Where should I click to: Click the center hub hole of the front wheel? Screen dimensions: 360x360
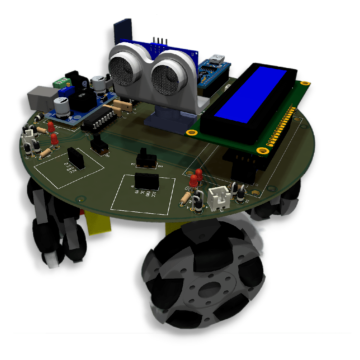click(x=209, y=289)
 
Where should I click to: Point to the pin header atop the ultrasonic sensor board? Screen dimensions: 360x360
click(x=160, y=40)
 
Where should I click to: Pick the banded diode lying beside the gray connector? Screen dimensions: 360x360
click(x=39, y=117)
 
